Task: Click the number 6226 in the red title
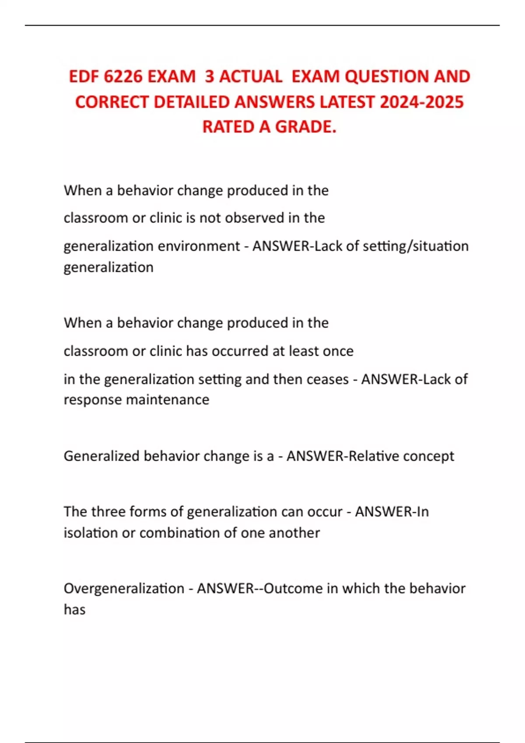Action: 123,77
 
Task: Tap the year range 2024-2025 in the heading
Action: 422,102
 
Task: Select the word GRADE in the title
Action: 306,127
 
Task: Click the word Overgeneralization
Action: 124,588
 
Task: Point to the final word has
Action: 74,609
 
